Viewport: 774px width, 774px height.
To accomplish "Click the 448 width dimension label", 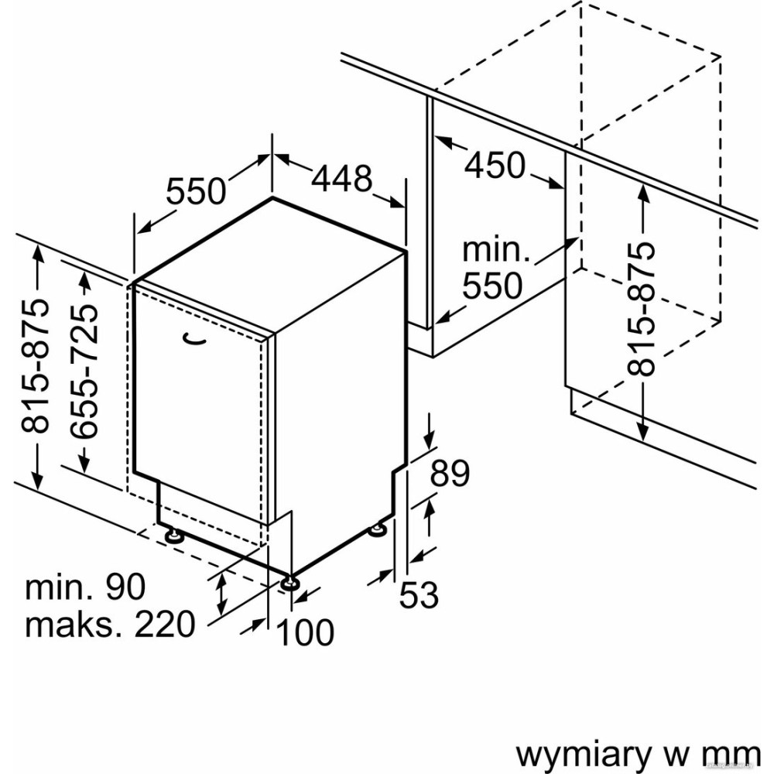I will pyautogui.click(x=341, y=179).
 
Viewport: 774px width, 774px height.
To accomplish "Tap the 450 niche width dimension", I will pyautogui.click(x=495, y=165).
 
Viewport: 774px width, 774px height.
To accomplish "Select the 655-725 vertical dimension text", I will pyautogui.click(x=87, y=372).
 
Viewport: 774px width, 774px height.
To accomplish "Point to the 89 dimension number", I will pyautogui.click(x=450, y=474).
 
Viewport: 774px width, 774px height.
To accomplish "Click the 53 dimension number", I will pyautogui.click(x=420, y=595).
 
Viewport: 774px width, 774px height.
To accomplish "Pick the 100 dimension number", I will pyautogui.click(x=306, y=632).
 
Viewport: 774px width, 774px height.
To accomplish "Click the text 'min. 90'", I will pyautogui.click(x=85, y=587).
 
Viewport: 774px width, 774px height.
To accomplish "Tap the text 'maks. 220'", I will pyautogui.click(x=110, y=624).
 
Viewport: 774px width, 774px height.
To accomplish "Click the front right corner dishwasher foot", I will pyautogui.click(x=289, y=582).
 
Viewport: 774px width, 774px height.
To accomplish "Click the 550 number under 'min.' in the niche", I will pyautogui.click(x=492, y=286).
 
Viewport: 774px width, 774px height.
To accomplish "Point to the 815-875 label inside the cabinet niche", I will pyautogui.click(x=642, y=307).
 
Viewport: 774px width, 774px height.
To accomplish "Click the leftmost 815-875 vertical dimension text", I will pyautogui.click(x=36, y=364).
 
